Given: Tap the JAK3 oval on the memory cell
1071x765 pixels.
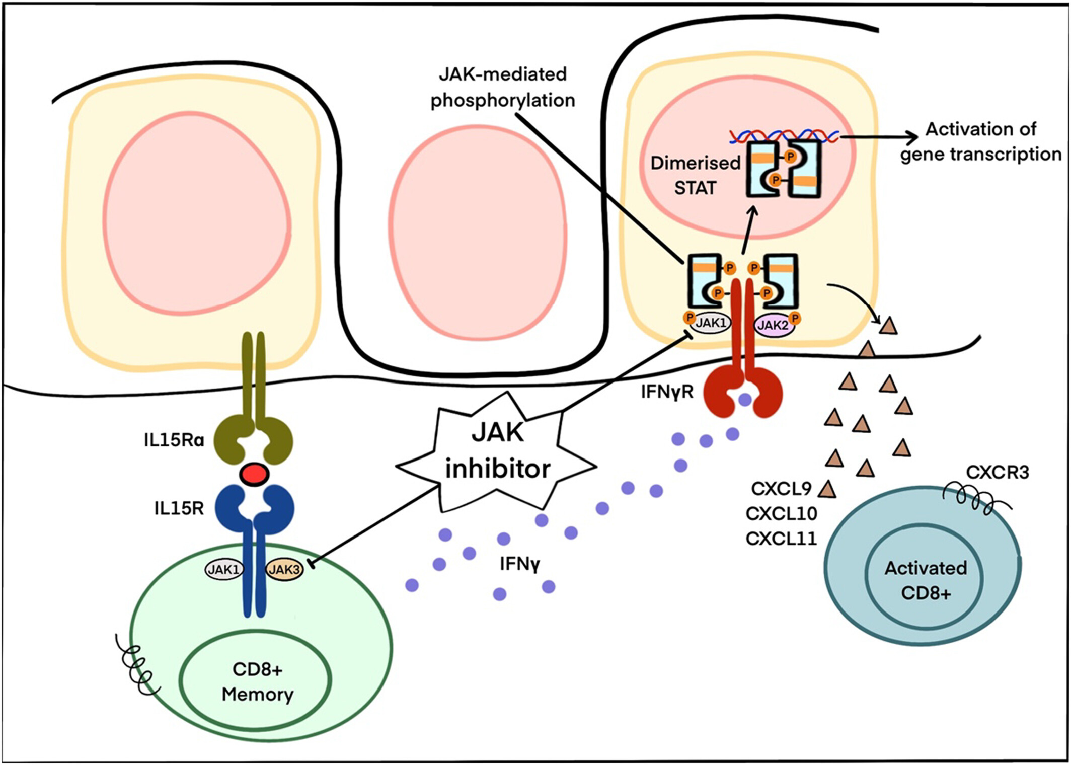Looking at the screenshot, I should [284, 570].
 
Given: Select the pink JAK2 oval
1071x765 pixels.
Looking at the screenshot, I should [773, 325].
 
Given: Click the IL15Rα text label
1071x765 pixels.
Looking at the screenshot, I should [174, 440].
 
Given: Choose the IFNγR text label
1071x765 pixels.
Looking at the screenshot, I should [667, 392].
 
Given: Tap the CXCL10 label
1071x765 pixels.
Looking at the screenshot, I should [781, 514].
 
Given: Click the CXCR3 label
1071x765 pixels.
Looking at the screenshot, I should [997, 473].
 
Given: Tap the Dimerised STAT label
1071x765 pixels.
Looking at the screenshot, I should [696, 175].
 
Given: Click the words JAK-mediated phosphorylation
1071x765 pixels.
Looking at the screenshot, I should [502, 87].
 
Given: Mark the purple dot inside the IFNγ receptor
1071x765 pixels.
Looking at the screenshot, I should [745, 400].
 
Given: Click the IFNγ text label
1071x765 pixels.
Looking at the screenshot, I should [520, 564].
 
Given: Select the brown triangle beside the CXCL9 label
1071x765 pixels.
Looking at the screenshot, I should [827, 489].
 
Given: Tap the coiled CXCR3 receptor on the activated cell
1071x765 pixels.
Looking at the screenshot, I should [969, 498].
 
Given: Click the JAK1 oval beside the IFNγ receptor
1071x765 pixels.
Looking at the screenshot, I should [711, 323].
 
